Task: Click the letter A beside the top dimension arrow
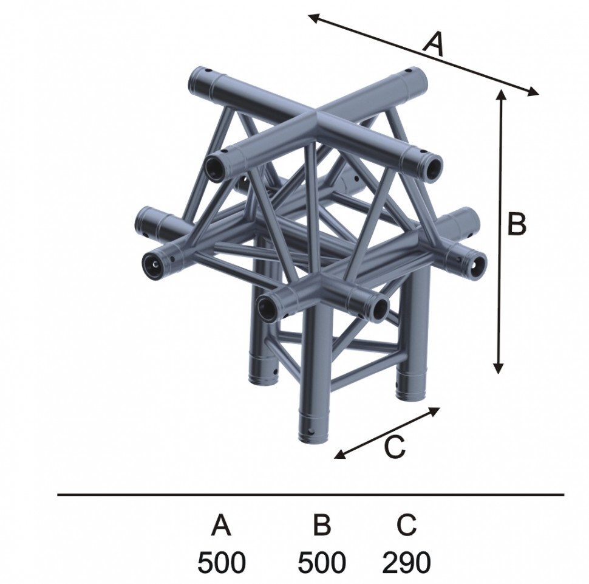point(434,44)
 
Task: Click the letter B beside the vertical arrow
point(517,224)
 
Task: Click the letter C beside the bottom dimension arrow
point(395,447)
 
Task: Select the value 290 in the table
point(406,562)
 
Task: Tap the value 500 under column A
point(221,562)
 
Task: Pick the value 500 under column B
point(322,562)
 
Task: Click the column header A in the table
point(221,525)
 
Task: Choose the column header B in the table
point(322,525)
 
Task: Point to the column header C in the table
point(406,525)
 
